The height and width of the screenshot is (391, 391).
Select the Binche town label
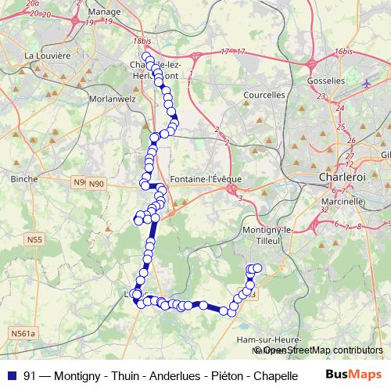pyautogui.click(x=24, y=179)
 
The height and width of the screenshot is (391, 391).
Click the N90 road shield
pyautogui.click(x=95, y=184)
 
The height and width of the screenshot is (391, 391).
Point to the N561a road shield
pyautogui.click(x=23, y=334)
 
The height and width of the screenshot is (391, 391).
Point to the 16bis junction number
pyautogui.click(x=342, y=52)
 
